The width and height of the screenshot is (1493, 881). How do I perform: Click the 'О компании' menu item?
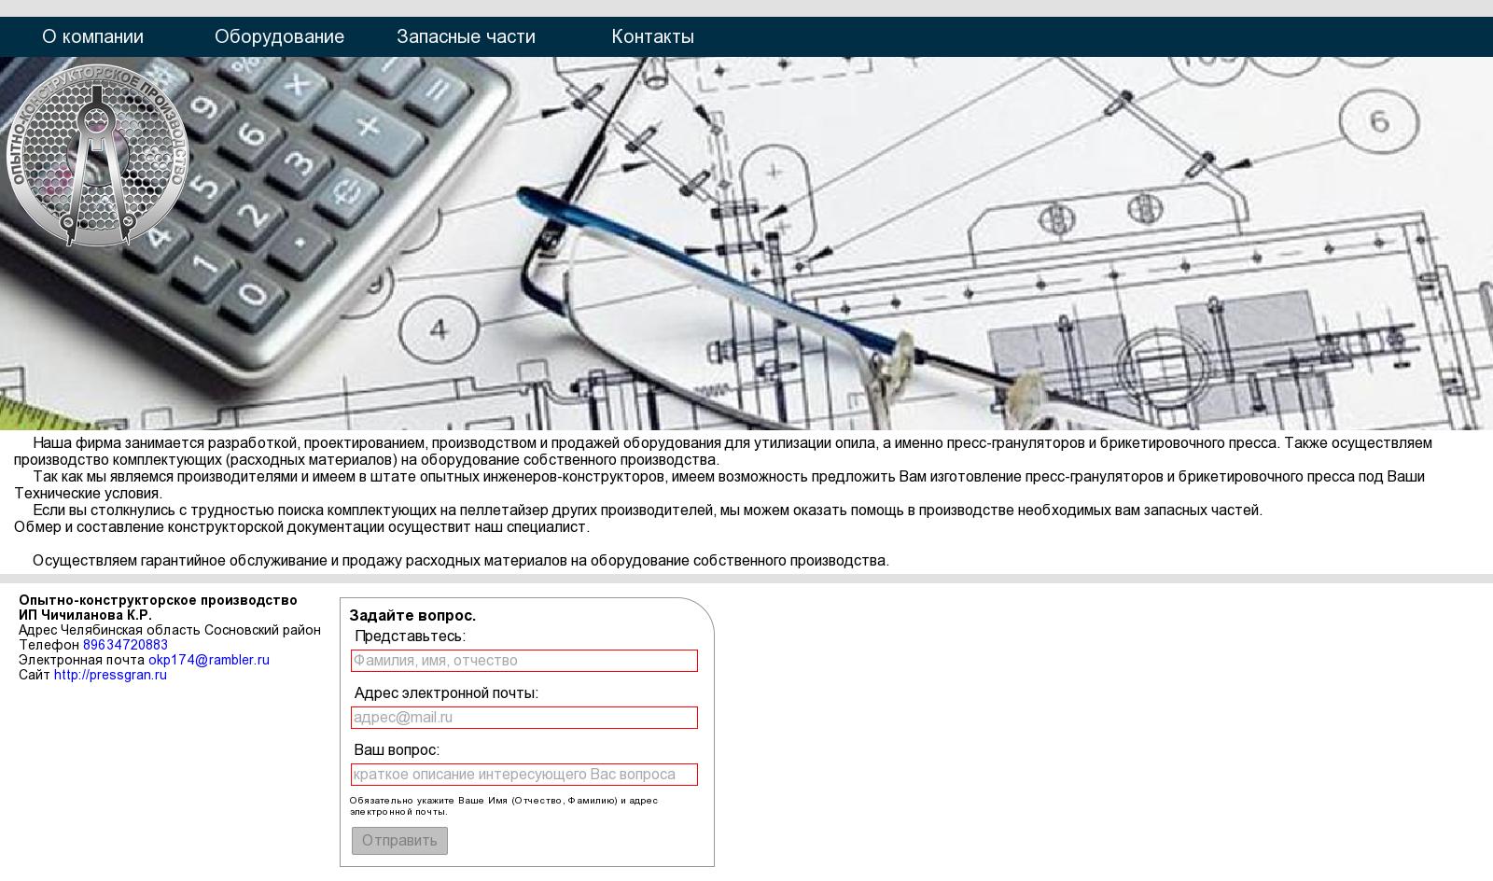pyautogui.click(x=92, y=36)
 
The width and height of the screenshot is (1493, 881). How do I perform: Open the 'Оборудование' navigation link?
pyautogui.click(x=279, y=36)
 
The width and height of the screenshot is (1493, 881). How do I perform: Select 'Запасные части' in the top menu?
pyautogui.click(x=466, y=36)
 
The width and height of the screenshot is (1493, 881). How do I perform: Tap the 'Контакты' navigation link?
pyautogui.click(x=652, y=36)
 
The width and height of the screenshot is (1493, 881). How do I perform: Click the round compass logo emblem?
pyautogui.click(x=97, y=156)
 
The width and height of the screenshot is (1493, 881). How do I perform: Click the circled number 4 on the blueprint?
pyautogui.click(x=439, y=329)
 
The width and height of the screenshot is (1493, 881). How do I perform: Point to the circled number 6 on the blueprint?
pyautogui.click(x=1379, y=121)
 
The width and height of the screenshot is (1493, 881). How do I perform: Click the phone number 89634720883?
pyautogui.click(x=125, y=645)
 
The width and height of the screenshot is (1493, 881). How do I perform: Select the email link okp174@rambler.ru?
pyautogui.click(x=209, y=660)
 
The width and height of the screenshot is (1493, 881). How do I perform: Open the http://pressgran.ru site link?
pyautogui.click(x=110, y=675)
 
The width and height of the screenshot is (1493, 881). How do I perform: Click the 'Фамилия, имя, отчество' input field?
pyautogui.click(x=523, y=661)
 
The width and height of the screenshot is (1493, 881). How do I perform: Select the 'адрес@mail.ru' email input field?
pyautogui.click(x=523, y=718)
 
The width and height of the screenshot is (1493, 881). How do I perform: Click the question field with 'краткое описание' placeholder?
pyautogui.click(x=523, y=775)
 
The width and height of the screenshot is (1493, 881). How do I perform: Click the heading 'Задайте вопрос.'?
pyautogui.click(x=412, y=616)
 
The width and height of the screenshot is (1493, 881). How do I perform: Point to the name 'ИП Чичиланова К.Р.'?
pyautogui.click(x=85, y=615)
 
